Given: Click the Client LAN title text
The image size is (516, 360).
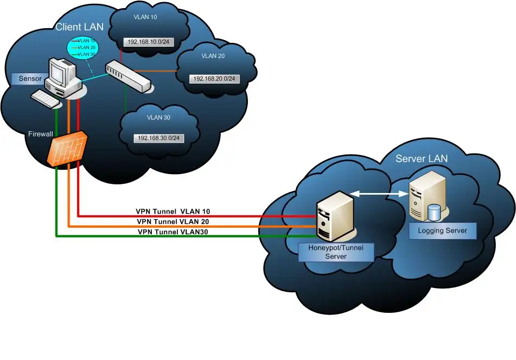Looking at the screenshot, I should (x=79, y=27).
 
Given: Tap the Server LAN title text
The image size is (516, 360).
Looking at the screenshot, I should (x=422, y=158).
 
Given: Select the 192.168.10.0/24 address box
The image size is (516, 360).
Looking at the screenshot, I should (x=144, y=41).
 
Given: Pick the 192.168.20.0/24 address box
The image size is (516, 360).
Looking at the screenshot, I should (x=214, y=79).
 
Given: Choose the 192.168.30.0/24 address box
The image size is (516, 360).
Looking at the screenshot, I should (x=158, y=138).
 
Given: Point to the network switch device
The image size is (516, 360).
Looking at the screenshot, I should (x=129, y=76).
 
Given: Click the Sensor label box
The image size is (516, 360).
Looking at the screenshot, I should (x=30, y=79).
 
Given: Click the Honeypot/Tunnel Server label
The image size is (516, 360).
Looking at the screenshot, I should (x=335, y=252).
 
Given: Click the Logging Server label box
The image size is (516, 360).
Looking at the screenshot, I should (x=442, y=230).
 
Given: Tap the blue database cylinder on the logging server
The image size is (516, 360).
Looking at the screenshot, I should (x=434, y=212).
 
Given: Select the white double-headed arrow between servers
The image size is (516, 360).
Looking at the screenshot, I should (x=379, y=192).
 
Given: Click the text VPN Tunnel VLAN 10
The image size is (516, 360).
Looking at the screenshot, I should (x=173, y=211).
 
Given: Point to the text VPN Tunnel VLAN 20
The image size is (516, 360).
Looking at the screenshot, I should (x=173, y=221).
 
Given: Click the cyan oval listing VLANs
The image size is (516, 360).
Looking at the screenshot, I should (x=82, y=48).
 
